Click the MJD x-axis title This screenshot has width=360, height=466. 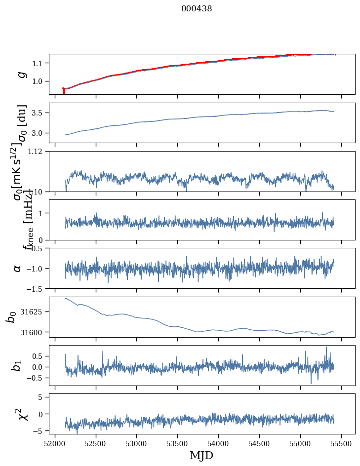[201, 455]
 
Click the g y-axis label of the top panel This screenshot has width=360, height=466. [21, 74]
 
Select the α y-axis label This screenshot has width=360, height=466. [18, 268]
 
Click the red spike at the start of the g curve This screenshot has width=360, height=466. [64, 91]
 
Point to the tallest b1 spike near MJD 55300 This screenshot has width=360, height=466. [326, 348]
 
